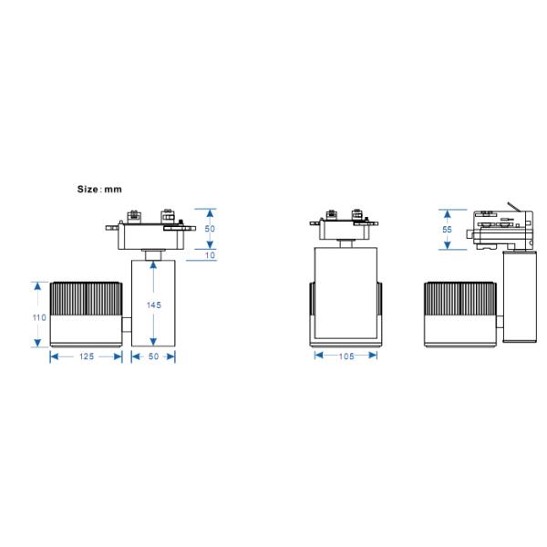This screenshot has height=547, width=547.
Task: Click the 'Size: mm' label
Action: [98, 190]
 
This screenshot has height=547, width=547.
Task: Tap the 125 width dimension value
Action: [85, 356]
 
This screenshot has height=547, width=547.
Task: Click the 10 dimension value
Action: [211, 256]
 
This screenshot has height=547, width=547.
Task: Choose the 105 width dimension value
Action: [346, 356]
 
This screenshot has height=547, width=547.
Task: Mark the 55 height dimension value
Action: [447, 230]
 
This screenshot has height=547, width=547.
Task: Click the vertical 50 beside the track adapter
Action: [211, 229]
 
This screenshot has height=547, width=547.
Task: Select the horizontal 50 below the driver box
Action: [153, 356]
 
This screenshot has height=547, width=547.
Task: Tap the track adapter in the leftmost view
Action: [152, 229]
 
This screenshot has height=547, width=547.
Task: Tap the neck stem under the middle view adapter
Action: [346, 242]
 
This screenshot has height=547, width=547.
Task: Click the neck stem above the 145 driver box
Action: [153, 253]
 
